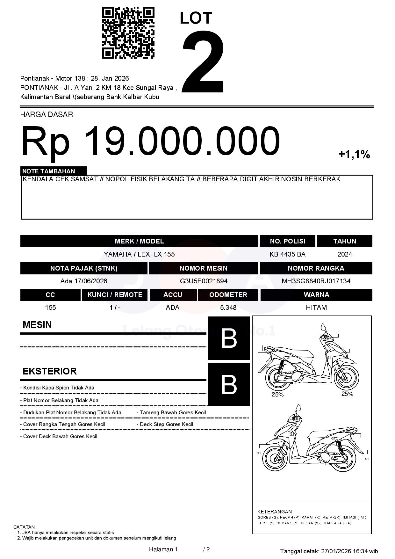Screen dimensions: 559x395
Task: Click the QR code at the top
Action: coord(128,33)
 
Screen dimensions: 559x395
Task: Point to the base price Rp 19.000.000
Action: coord(150,141)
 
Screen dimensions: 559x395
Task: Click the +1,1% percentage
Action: coord(354,155)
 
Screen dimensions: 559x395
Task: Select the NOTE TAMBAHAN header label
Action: coord(49,171)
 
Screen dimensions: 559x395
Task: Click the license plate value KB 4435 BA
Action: coord(287,254)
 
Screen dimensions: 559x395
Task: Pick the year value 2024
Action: coord(344,254)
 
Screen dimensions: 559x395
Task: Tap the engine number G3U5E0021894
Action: coord(204,281)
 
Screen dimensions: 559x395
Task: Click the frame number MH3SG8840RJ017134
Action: coord(316,281)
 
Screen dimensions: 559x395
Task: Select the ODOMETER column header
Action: coord(228,295)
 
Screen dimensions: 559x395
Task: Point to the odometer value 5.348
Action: coord(228,308)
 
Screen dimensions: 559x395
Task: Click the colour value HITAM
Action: coord(316,308)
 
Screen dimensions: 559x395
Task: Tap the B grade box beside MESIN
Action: coord(228,338)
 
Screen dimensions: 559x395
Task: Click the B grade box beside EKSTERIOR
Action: coord(228,385)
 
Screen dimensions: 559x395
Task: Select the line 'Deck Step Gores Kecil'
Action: coord(166,425)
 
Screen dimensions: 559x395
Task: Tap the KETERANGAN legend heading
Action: coord(274,512)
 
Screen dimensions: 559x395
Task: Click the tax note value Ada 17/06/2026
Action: coord(84,281)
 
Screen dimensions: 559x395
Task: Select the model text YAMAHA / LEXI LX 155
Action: coord(139,254)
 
